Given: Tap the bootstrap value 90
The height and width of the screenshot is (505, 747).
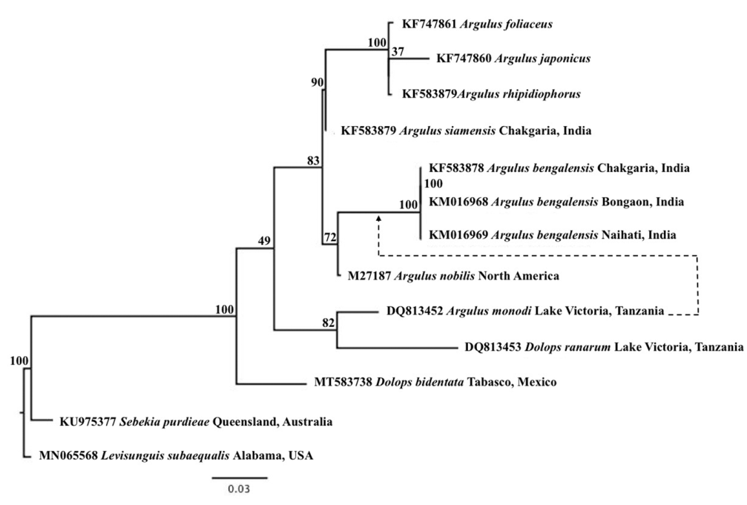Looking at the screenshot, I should coord(317,82).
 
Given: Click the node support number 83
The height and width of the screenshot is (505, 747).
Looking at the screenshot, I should coord(313,160).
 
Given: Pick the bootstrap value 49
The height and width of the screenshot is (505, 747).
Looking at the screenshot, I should coord(265,240).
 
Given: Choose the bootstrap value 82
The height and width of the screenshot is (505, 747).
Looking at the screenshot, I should coord(329,323).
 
